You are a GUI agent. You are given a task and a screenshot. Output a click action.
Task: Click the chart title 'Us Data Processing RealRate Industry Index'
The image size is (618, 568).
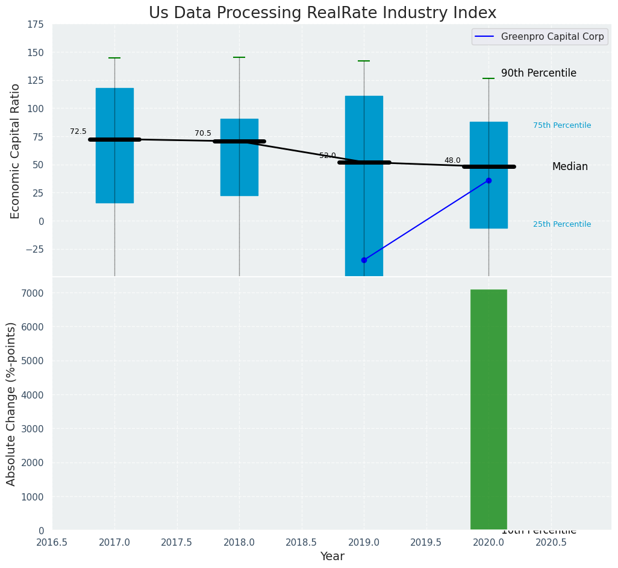point(322,13)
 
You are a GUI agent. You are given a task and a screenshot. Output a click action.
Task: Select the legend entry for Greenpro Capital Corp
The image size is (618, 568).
point(538,37)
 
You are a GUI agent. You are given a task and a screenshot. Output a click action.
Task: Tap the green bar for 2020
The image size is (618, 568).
point(488,409)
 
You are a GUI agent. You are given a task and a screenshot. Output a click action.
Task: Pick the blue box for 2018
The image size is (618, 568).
point(239,157)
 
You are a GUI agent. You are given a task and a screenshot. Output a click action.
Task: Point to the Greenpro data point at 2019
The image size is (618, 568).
point(364,260)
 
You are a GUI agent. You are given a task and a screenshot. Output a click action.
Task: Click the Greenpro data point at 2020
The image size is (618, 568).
point(488,180)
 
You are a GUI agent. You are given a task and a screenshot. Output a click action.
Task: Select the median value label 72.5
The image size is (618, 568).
point(78,131)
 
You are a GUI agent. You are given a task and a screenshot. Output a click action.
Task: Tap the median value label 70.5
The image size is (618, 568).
point(203,133)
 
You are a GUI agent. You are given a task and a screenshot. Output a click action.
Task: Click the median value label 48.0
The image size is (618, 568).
point(452,160)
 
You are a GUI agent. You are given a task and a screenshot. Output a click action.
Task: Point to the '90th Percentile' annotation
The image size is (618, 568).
point(538,73)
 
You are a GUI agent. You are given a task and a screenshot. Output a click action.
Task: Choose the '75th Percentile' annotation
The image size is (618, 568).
point(562,125)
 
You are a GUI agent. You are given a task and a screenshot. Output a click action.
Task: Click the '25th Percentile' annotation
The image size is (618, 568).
point(562,224)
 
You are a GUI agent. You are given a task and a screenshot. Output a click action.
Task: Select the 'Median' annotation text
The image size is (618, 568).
point(570,166)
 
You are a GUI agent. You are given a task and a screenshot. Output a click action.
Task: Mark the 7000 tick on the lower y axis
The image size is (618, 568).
point(34,293)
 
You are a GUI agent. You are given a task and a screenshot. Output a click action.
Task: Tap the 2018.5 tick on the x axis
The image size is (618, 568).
point(301,542)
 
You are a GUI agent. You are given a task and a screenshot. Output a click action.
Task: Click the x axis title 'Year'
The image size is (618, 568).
point(332,557)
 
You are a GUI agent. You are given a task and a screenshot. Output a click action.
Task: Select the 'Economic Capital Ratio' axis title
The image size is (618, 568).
point(16,151)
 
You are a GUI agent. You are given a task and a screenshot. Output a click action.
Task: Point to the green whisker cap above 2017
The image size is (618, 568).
point(114,58)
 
